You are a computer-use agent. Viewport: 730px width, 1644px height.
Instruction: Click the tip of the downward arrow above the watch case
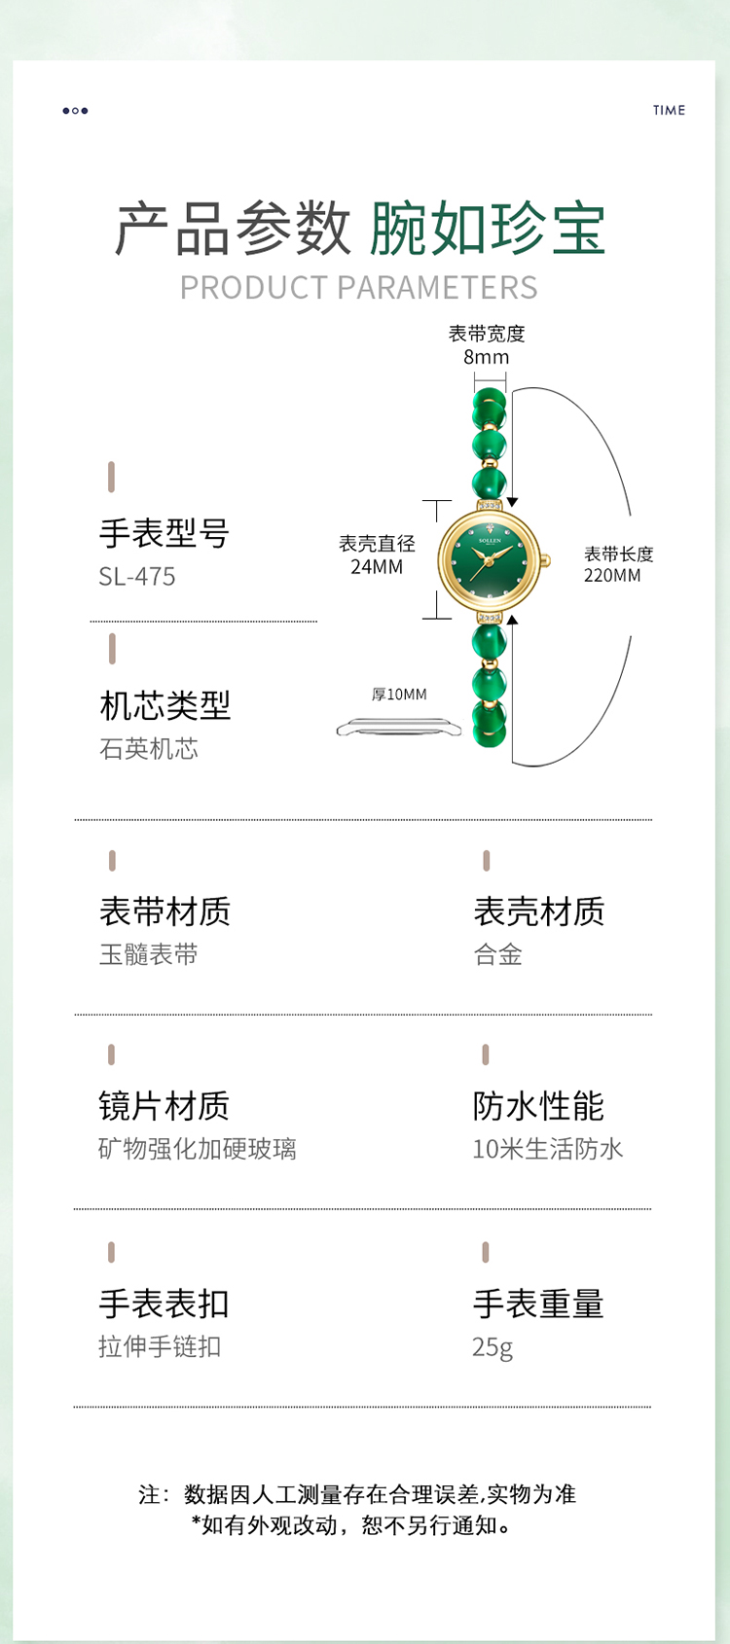pyautogui.click(x=513, y=507)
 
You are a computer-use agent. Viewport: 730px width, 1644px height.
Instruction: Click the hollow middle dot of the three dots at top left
pyautogui.click(x=75, y=111)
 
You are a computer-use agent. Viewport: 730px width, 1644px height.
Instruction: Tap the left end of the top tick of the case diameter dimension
pyautogui.click(x=423, y=501)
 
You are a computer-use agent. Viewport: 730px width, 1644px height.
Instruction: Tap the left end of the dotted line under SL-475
pyautogui.click(x=91, y=621)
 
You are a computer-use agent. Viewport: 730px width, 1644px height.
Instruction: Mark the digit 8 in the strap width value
pyautogui.click(x=469, y=357)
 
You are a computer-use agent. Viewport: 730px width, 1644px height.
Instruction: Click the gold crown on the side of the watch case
pyautogui.click(x=546, y=561)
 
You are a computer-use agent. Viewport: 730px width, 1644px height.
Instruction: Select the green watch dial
pyautogui.click(x=490, y=561)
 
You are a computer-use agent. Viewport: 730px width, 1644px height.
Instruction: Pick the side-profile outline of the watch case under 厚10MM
pyautogui.click(x=399, y=727)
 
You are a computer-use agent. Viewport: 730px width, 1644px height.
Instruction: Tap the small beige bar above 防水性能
pyautogui.click(x=486, y=1054)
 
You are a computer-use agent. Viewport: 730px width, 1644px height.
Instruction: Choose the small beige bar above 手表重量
pyautogui.click(x=486, y=1252)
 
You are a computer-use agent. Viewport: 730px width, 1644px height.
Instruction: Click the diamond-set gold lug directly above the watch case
pyautogui.click(x=490, y=505)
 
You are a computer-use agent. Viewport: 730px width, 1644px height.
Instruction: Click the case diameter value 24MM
pyautogui.click(x=377, y=566)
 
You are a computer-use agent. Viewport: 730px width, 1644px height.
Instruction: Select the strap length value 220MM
pyautogui.click(x=612, y=576)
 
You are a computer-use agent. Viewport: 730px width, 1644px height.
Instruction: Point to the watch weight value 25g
pyautogui.click(x=493, y=1347)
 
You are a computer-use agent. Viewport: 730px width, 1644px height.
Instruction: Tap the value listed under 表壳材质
pyautogui.click(x=498, y=954)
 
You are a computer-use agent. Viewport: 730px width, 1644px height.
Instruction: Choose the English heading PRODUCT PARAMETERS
pyautogui.click(x=359, y=288)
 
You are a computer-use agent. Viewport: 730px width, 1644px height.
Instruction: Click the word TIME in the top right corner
pyautogui.click(x=669, y=110)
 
